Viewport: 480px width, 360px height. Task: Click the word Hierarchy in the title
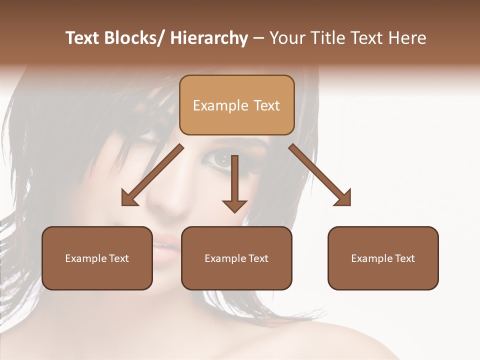click(209, 38)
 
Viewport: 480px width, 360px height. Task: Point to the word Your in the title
click(289, 38)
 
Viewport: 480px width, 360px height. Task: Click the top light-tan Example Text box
click(236, 105)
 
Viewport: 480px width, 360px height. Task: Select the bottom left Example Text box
click(97, 258)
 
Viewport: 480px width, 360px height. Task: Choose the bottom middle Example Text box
click(236, 258)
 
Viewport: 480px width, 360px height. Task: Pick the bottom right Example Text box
click(383, 258)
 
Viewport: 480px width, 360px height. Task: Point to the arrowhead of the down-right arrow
click(344, 199)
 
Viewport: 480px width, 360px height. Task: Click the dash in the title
click(258, 38)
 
